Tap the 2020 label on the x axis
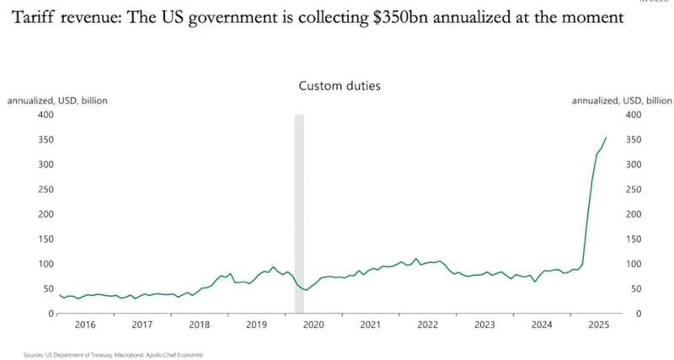pyautogui.click(x=313, y=325)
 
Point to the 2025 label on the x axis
pyautogui.click(x=598, y=325)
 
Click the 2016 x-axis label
pyautogui.click(x=84, y=325)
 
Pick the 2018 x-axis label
pyautogui.click(x=199, y=325)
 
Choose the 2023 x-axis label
pyautogui.click(x=484, y=325)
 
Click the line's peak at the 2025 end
pyautogui.click(x=605, y=137)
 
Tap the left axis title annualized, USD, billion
pyautogui.click(x=57, y=100)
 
